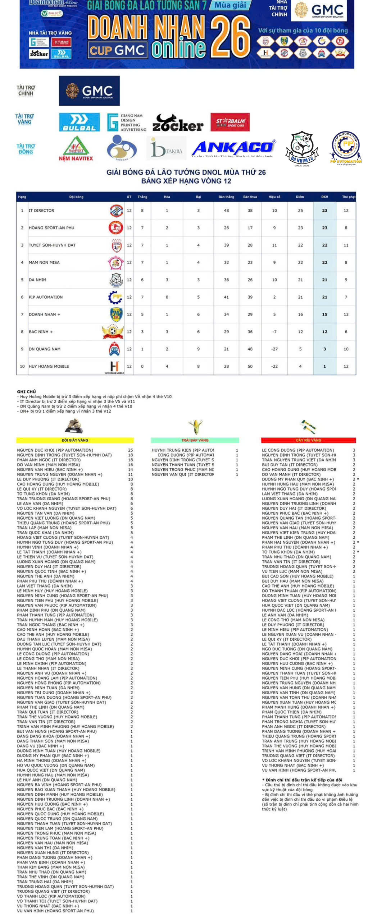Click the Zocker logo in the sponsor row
[x=178, y=123]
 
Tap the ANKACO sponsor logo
[x=234, y=148]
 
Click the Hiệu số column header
[x=274, y=197]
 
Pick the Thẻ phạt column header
[x=348, y=197]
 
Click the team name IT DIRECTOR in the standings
[x=41, y=211]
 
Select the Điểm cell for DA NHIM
[x=300, y=280]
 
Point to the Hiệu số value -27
[x=274, y=349]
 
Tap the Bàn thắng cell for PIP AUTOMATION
[x=226, y=297]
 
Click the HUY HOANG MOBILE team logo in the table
[x=114, y=366]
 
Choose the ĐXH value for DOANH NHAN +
[x=324, y=314]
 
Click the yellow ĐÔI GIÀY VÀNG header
[x=75, y=440]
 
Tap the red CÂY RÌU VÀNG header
[x=308, y=440]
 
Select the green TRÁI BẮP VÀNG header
[x=195, y=440]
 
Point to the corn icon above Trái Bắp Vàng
[x=195, y=426]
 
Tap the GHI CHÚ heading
[x=26, y=392]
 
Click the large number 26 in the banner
[x=230, y=37]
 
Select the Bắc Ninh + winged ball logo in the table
[x=113, y=331]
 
